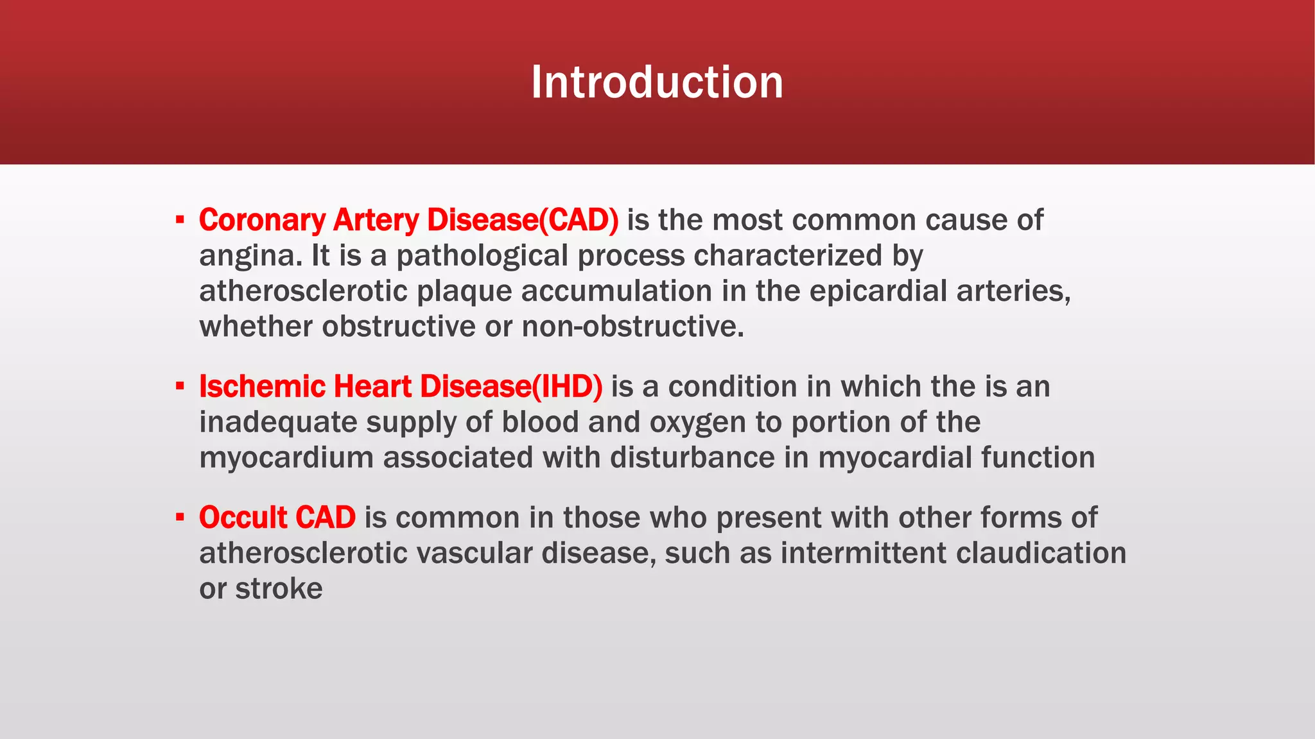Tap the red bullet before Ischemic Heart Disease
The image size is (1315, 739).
(180, 387)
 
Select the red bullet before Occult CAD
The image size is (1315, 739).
(180, 518)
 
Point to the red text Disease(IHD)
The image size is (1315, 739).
(511, 387)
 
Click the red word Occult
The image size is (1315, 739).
(236, 518)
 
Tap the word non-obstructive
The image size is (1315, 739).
(632, 327)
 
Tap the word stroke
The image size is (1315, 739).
(279, 589)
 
